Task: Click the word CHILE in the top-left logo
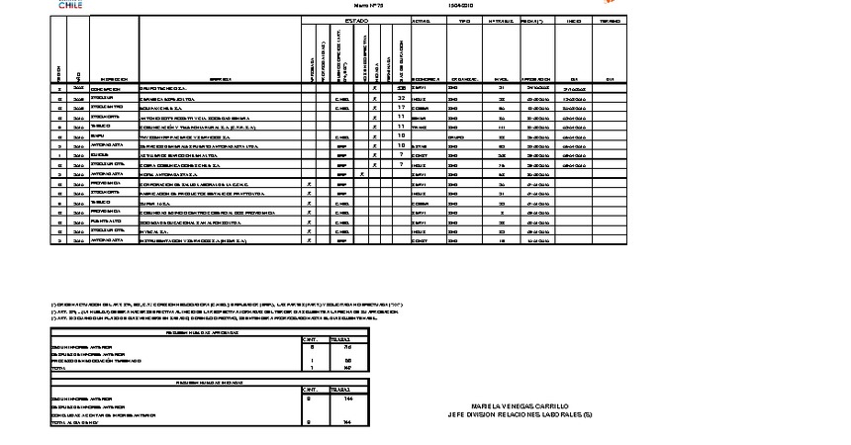click(x=70, y=5)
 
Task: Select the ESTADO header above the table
click(x=355, y=21)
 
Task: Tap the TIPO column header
click(x=457, y=21)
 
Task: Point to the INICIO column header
click(x=573, y=21)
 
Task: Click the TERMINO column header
click(x=611, y=21)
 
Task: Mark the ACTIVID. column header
click(x=420, y=21)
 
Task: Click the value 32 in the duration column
click(x=401, y=98)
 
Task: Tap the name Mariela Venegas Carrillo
click(x=520, y=405)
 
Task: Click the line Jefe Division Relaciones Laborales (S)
click(x=520, y=414)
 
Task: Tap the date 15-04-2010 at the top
click(x=460, y=5)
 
